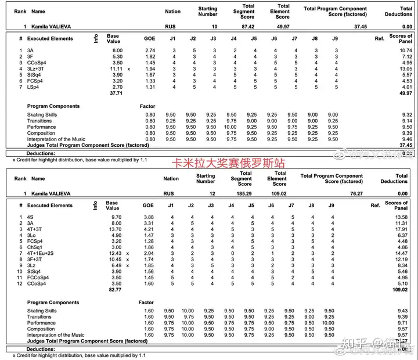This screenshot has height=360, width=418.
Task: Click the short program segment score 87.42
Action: pos(247,27)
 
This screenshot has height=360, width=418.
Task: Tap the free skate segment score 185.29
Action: pos(246,193)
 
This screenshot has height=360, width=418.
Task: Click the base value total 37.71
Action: pos(117,93)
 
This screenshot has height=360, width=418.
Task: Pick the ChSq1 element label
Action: pos(35,247)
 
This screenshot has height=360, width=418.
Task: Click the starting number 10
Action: pos(214,27)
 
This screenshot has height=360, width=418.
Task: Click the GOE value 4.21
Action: pos(149,229)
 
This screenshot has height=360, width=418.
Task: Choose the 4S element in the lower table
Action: pos(30,217)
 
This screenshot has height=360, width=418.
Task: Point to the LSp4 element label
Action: pos(34,87)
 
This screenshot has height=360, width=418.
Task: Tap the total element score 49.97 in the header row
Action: pos(283,27)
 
